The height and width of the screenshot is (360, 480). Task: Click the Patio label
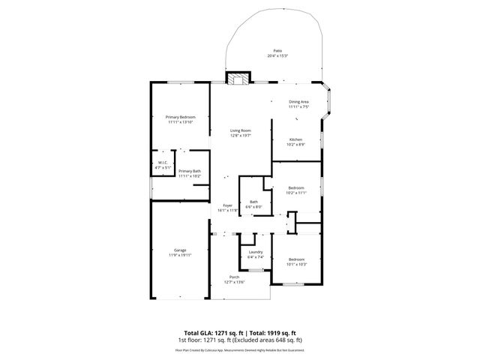[277, 51]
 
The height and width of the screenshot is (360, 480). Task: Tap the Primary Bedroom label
[180, 117]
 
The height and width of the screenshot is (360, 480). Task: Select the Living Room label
[240, 131]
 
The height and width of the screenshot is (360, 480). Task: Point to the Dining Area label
[298, 102]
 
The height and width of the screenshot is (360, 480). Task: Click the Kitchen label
[295, 139]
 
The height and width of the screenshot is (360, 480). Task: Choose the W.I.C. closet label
[163, 163]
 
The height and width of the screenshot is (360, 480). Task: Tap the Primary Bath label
[190, 171]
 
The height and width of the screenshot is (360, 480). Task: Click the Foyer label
[227, 205]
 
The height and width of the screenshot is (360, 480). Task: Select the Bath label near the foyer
[253, 202]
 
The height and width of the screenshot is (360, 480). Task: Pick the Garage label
[180, 250]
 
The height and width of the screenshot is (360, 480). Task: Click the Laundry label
[255, 252]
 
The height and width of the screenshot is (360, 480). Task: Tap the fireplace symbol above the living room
[239, 78]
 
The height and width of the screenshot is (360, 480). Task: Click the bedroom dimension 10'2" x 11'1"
[297, 192]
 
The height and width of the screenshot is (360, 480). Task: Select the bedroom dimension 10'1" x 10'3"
[297, 263]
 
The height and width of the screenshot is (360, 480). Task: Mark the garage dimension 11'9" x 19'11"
[180, 255]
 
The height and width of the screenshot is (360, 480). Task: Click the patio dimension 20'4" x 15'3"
[277, 56]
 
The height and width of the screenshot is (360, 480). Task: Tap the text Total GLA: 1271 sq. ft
[212, 332]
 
